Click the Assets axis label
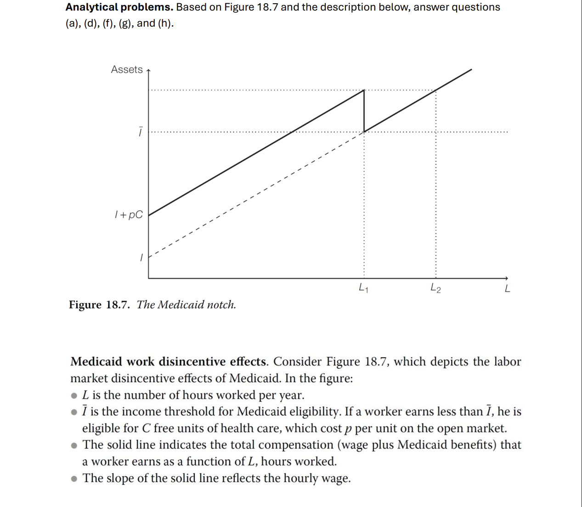[127, 69]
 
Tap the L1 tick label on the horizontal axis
[363, 288]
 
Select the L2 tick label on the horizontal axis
[435, 288]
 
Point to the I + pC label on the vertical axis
[129, 214]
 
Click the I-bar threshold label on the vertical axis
[141, 132]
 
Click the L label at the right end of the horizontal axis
[507, 289]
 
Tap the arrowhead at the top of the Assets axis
[148, 70]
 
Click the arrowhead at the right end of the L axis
[506, 278]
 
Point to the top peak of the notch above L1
[364, 90]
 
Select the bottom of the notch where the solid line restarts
[364, 132]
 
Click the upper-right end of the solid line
[471, 70]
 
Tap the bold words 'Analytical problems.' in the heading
[119, 7]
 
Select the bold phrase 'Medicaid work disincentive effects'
[168, 362]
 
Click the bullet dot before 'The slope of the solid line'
[74, 479]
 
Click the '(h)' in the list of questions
[165, 23]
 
